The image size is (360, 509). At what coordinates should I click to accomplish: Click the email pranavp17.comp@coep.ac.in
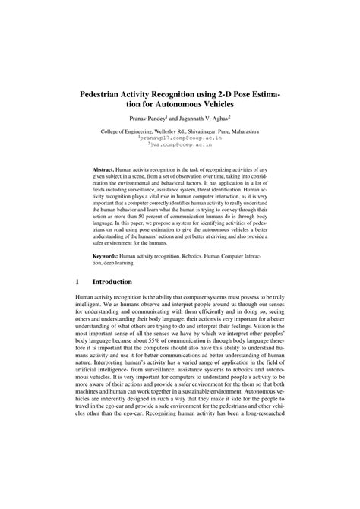click(x=179, y=139)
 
